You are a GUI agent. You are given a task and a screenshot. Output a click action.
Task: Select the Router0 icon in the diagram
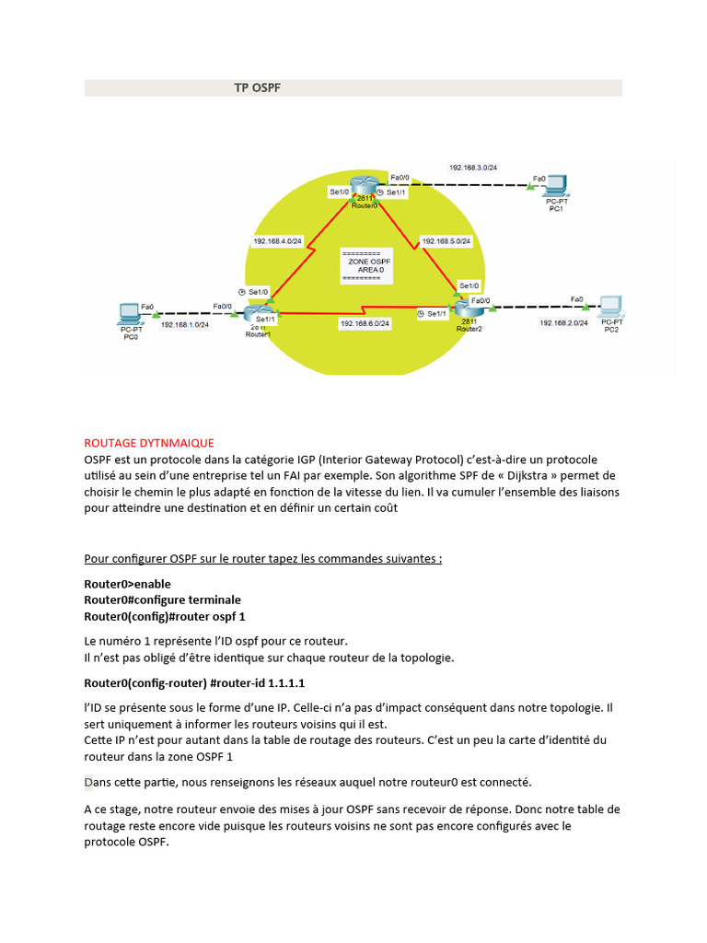click(365, 188)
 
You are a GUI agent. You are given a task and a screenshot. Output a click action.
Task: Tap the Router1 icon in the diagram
click(257, 313)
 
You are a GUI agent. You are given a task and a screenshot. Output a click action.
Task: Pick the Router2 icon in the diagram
click(468, 308)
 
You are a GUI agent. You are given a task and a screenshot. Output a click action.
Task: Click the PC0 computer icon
click(131, 313)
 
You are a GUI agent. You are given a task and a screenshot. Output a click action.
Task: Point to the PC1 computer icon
click(555, 186)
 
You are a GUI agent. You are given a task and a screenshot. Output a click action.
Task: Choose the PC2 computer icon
click(610, 308)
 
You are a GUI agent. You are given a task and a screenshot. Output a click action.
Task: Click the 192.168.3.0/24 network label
click(473, 168)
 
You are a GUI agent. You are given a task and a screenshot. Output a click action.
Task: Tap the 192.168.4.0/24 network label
click(278, 240)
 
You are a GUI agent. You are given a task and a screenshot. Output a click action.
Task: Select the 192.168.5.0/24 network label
click(446, 240)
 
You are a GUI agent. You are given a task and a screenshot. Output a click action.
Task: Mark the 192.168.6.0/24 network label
click(365, 323)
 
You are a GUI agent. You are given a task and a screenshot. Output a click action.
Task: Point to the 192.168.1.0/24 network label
click(184, 324)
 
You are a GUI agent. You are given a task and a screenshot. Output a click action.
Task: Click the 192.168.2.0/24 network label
click(563, 323)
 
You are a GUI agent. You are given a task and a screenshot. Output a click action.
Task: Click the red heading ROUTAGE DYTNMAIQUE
click(148, 443)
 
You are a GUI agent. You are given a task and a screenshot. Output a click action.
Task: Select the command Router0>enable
click(127, 584)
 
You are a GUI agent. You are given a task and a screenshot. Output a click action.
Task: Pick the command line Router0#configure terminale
click(162, 600)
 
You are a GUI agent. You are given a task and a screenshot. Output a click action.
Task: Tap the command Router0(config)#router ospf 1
click(165, 615)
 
